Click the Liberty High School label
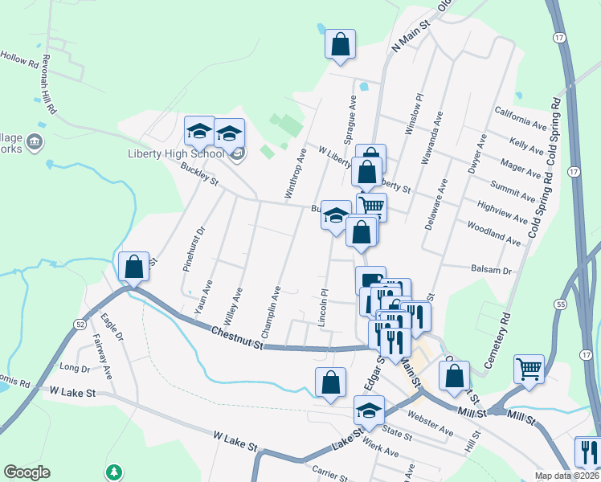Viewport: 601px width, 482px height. click(x=175, y=154)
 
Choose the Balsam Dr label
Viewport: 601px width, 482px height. click(x=493, y=272)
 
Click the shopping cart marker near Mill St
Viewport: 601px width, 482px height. click(x=529, y=369)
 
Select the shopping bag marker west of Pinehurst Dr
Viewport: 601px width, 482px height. click(x=134, y=266)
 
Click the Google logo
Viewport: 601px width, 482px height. click(x=27, y=472)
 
